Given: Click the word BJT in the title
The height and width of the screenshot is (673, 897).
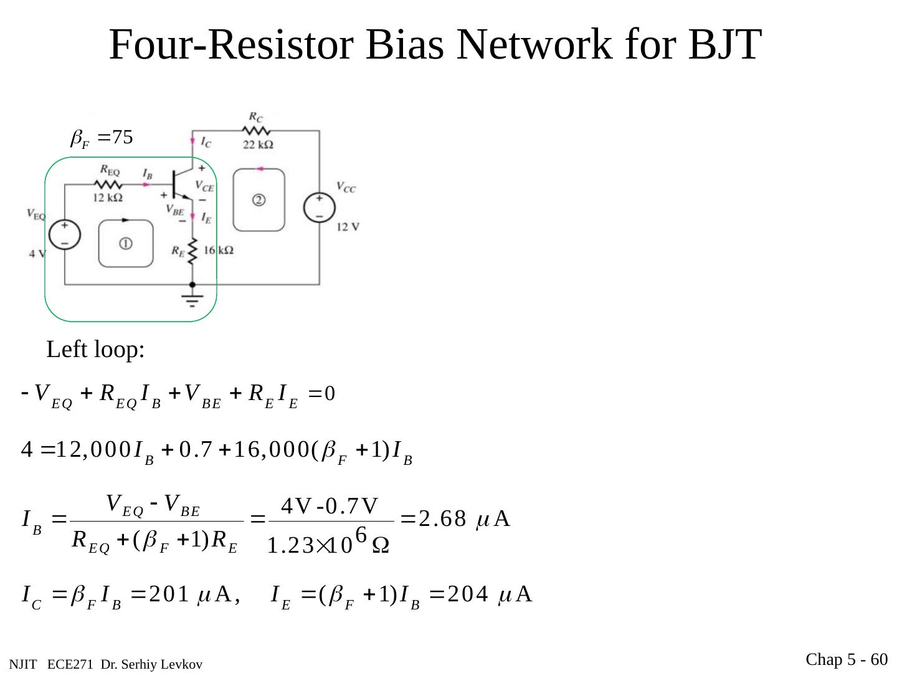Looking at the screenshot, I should [724, 45].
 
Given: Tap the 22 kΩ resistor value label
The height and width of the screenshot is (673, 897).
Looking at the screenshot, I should [258, 145].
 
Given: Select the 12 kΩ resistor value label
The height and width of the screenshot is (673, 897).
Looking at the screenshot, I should [107, 198].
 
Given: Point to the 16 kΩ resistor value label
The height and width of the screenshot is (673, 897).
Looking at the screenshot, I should [218, 250].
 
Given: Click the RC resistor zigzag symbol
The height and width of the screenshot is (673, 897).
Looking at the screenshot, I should [256, 131].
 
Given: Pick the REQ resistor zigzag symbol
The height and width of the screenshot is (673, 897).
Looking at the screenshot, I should [108, 184].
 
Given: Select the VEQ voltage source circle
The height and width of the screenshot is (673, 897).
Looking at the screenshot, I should [65, 235].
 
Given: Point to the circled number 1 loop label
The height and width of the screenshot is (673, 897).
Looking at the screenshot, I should [125, 244].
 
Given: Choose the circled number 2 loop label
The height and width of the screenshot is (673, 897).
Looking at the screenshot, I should [259, 200].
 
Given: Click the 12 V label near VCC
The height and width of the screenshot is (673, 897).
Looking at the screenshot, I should [348, 227].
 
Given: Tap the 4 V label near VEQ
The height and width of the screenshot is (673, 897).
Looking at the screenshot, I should [37, 254].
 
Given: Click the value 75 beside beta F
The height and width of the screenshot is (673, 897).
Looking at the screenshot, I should [123, 137].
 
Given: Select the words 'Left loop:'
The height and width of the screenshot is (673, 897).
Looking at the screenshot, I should [95, 350].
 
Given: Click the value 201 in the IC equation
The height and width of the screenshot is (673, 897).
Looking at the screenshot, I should [168, 595].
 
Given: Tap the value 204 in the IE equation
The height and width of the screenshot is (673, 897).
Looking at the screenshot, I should [467, 595].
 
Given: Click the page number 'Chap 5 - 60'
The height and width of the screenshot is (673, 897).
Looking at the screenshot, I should [846, 659].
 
